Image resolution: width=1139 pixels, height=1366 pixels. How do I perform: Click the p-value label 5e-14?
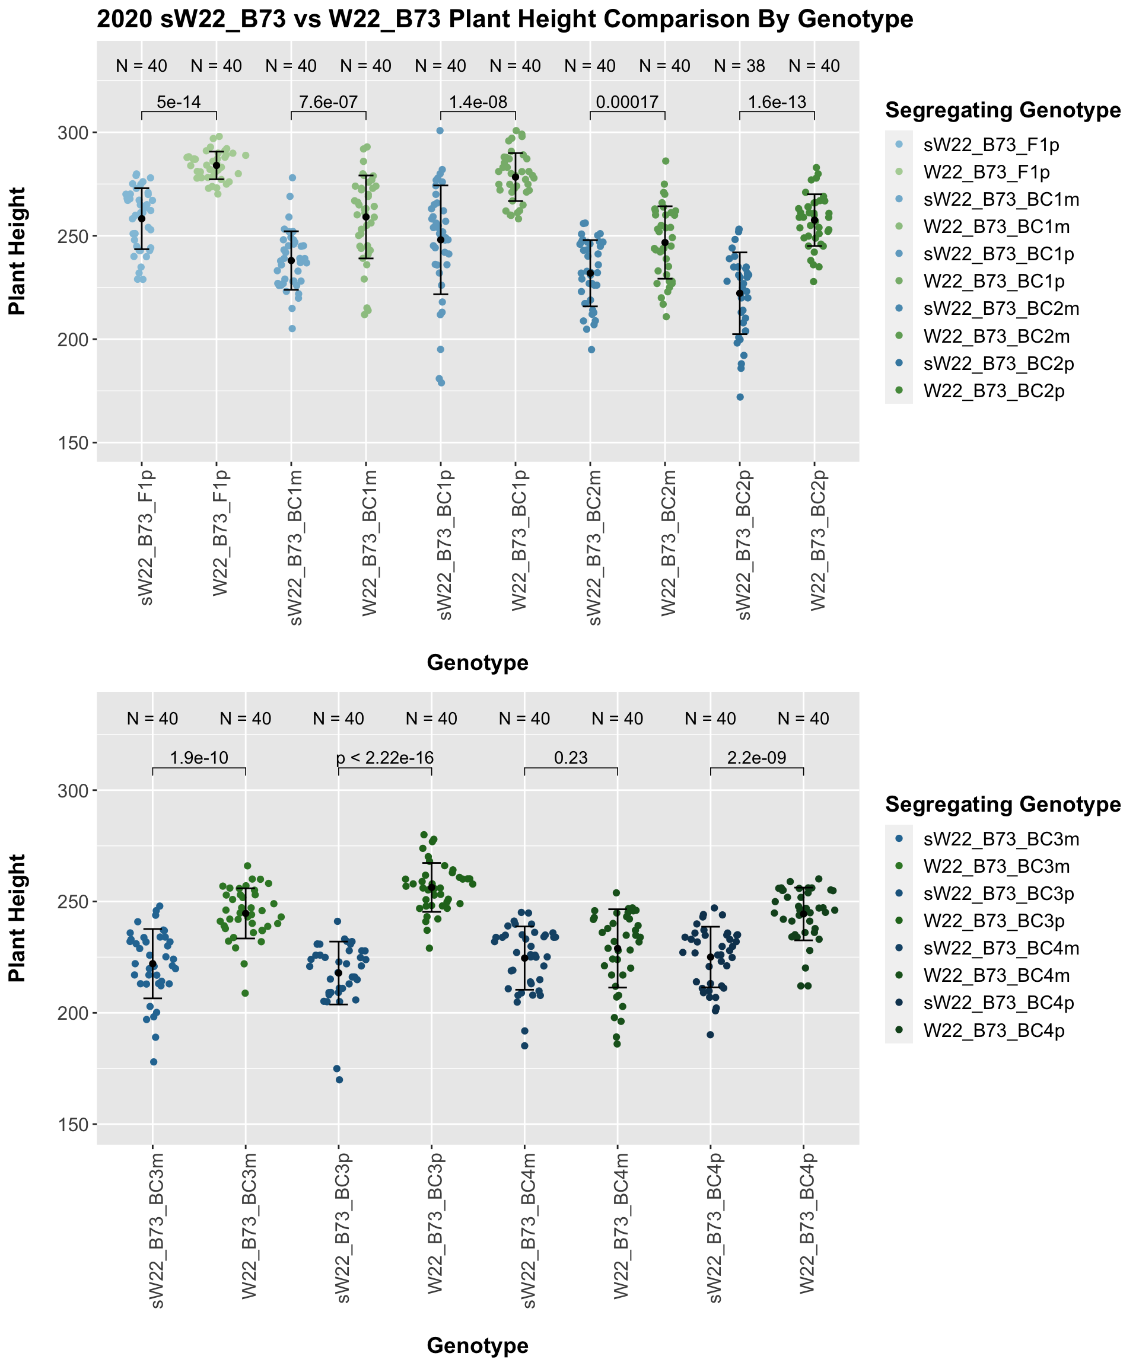(x=179, y=102)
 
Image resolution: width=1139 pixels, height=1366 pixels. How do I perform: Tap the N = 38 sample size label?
(x=739, y=66)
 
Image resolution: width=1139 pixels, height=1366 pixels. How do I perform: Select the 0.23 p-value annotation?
(x=571, y=758)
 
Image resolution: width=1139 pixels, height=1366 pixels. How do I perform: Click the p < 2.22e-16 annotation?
(x=384, y=758)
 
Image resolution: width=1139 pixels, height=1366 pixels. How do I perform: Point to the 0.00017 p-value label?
(x=628, y=102)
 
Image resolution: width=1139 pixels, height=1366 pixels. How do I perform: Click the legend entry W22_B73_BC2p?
(x=993, y=391)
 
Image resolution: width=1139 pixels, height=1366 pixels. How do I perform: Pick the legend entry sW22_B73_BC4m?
(x=1001, y=949)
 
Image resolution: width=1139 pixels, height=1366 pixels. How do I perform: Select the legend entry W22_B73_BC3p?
(x=993, y=921)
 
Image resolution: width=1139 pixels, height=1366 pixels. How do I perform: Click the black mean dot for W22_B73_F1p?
(x=217, y=165)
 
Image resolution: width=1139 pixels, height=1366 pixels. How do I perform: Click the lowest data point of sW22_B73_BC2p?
(x=740, y=397)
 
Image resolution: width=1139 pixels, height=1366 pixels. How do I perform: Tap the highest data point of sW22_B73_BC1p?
(x=440, y=131)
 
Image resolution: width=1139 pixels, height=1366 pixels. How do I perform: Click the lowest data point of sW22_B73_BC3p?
(x=339, y=1080)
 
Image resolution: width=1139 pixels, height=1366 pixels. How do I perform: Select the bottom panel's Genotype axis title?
(x=477, y=1346)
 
